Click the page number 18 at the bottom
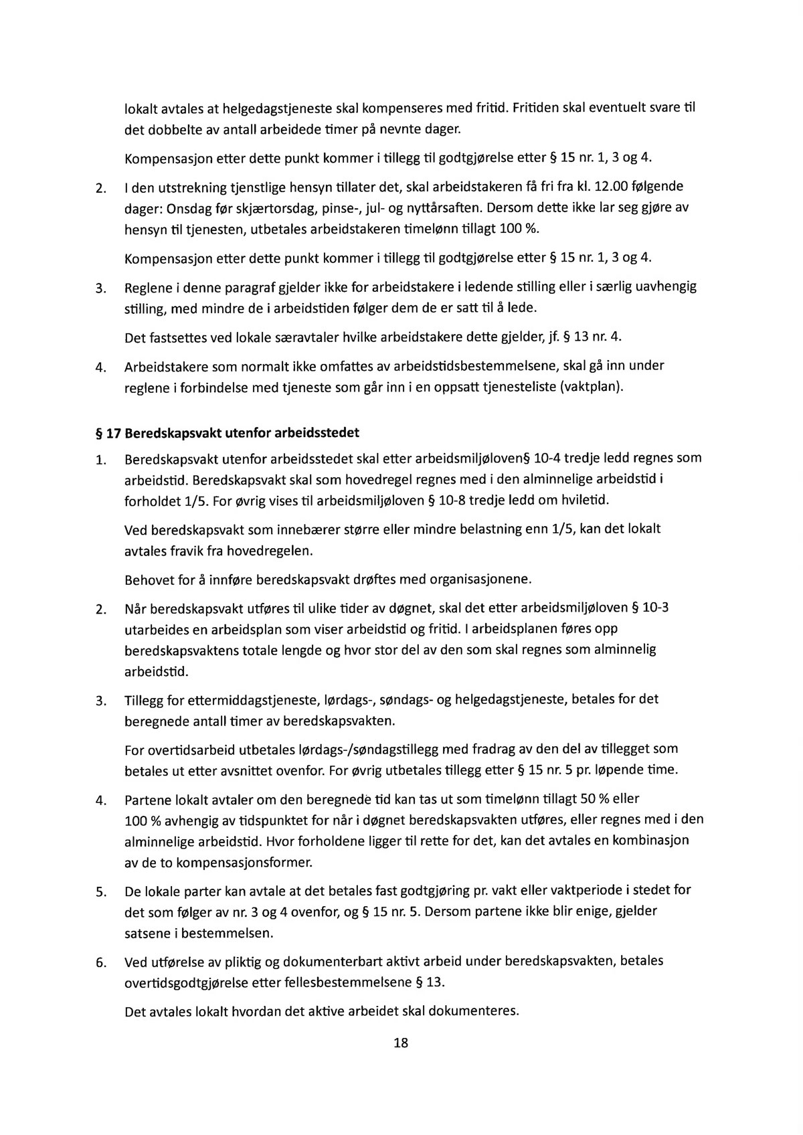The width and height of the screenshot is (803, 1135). click(x=401, y=1043)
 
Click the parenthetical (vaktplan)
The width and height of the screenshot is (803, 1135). click(x=594, y=387)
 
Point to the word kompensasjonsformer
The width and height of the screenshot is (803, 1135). click(x=246, y=863)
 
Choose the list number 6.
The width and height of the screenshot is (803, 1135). click(x=100, y=963)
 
